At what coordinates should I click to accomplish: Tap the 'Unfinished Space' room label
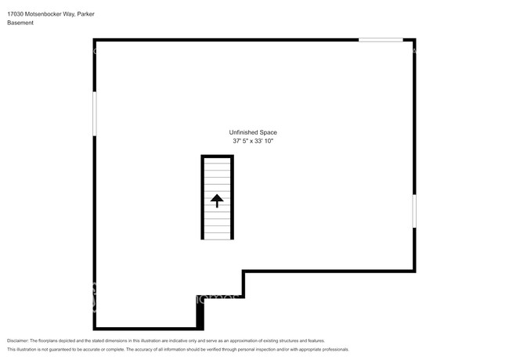tap(252, 132)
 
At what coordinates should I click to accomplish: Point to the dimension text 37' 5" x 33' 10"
tap(252, 141)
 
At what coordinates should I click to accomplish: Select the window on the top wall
tap(381, 40)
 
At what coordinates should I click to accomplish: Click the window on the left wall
tap(95, 113)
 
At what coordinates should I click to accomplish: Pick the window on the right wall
tap(413, 211)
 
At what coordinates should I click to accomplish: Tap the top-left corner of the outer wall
tap(95, 40)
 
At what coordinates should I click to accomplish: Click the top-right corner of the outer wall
tap(413, 40)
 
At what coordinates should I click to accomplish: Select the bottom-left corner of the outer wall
tap(95, 329)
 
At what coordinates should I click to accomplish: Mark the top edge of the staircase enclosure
tap(217, 157)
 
